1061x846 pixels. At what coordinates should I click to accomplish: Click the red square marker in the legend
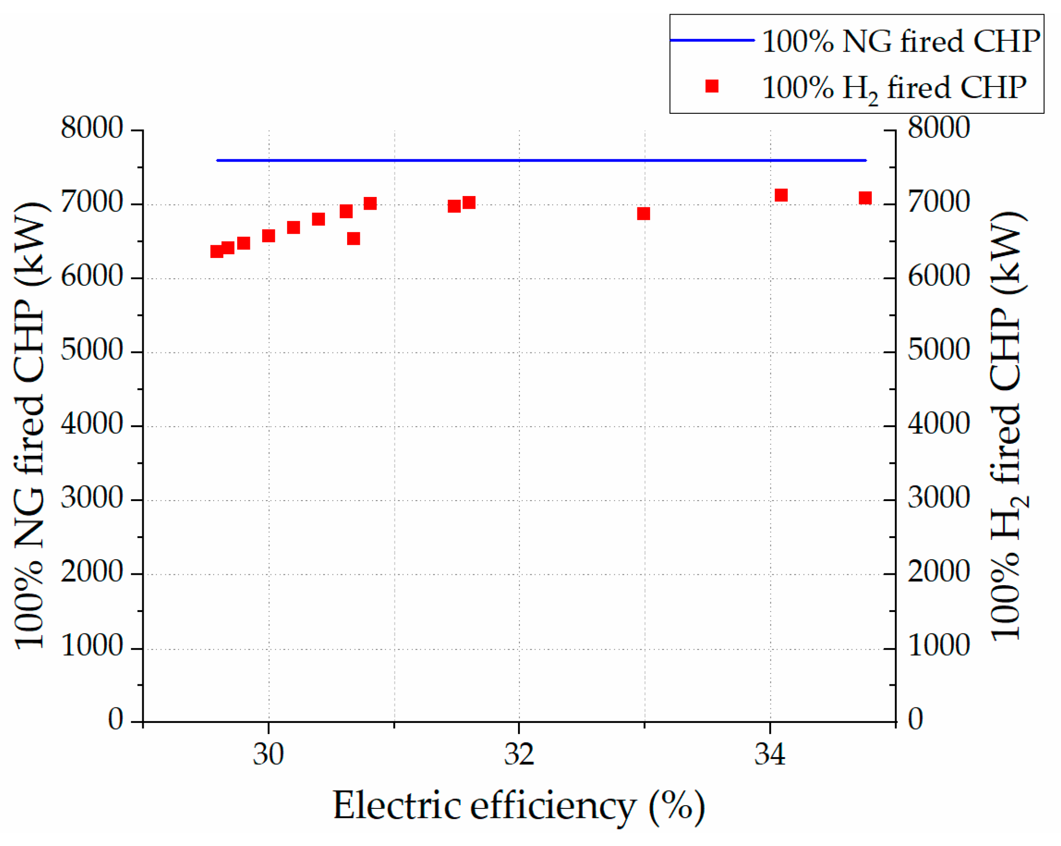click(712, 86)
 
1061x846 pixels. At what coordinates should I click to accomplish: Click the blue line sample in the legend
click(712, 40)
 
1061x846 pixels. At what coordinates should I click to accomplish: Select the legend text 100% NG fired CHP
click(900, 41)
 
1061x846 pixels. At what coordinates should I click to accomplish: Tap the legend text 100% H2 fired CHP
click(894, 88)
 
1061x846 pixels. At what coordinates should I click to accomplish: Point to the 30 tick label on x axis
click(268, 754)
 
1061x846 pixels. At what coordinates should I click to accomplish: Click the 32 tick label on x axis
click(519, 754)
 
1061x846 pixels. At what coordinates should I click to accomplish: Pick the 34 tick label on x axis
click(770, 754)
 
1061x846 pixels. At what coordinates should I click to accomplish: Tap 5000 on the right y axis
click(938, 350)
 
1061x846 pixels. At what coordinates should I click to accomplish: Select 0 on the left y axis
click(115, 720)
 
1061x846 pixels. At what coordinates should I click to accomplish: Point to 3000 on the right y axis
click(938, 498)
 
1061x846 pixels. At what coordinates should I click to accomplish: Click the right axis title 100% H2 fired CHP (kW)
click(1007, 425)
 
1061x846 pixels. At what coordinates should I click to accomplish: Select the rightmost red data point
click(865, 198)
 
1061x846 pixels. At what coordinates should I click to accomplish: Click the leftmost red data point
click(217, 251)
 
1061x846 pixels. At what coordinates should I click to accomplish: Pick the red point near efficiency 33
click(643, 213)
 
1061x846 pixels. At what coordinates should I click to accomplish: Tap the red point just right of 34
click(781, 196)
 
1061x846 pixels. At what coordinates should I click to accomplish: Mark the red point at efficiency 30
click(268, 236)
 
